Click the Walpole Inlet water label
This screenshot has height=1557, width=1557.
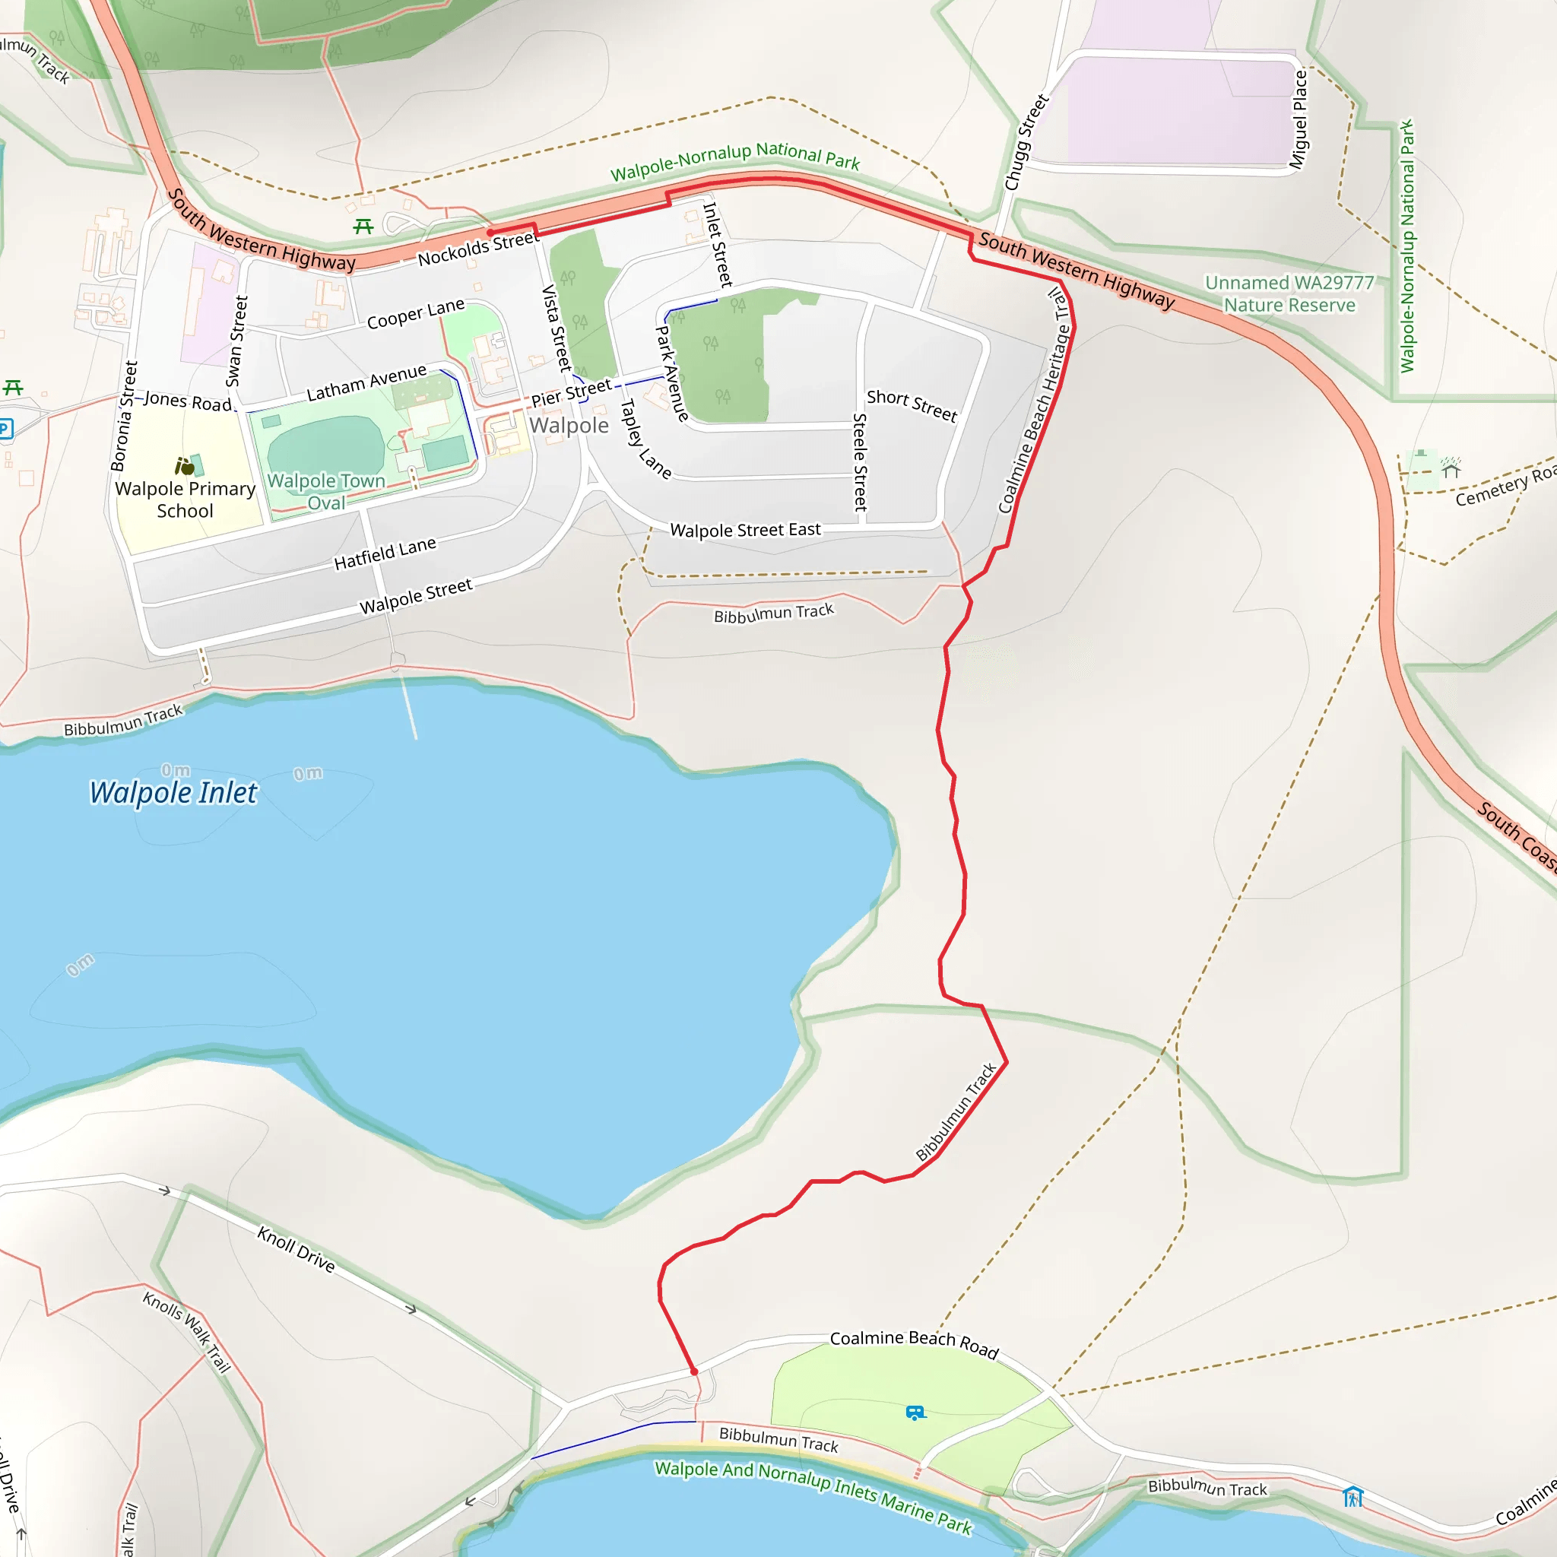[173, 793]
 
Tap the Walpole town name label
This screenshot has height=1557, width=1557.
[569, 426]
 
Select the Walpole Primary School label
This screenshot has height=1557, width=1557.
[186, 499]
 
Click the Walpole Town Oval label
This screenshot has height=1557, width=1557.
[326, 492]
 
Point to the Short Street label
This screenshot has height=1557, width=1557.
[912, 405]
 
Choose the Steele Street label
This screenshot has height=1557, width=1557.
[860, 462]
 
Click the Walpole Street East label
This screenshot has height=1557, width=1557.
[746, 529]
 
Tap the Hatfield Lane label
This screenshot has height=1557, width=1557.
[385, 553]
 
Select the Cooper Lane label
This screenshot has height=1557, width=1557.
[416, 313]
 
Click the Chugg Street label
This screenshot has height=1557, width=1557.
[1026, 143]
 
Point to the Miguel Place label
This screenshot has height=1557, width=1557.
[1299, 120]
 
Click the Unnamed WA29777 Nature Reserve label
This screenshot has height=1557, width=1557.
[1289, 294]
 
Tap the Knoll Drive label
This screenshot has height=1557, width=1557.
[296, 1248]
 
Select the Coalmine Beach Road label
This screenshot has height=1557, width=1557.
[914, 1343]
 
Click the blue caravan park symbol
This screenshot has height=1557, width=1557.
[915, 1413]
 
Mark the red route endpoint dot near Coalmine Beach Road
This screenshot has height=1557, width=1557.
[694, 1371]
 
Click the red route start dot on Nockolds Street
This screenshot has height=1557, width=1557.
[490, 232]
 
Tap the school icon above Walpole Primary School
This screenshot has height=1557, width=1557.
[186, 466]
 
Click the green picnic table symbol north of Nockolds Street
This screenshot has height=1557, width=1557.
[363, 227]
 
